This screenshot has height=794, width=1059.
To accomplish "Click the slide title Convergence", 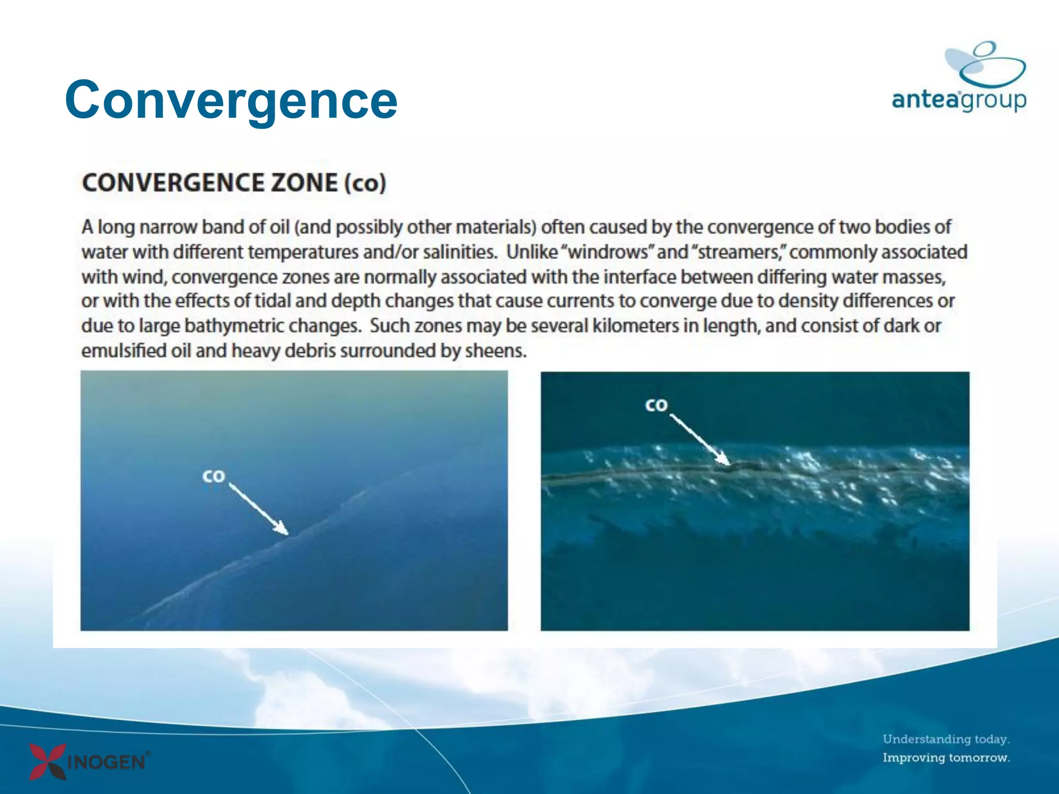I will pyautogui.click(x=231, y=100).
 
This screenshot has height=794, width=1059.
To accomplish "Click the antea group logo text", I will pyautogui.click(x=959, y=99).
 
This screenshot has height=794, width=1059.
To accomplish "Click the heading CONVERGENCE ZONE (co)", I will pyautogui.click(x=234, y=183).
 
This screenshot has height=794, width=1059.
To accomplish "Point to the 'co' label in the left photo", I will pyautogui.click(x=214, y=476).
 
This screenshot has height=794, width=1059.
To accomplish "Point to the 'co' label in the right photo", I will pyautogui.click(x=656, y=405).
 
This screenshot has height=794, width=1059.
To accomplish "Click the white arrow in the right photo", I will pyautogui.click(x=699, y=438).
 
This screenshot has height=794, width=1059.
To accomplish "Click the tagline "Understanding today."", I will pyautogui.click(x=946, y=739).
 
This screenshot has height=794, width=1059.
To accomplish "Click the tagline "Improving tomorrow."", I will pyautogui.click(x=946, y=758).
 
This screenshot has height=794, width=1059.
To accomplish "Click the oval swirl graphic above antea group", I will pyautogui.click(x=985, y=65).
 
